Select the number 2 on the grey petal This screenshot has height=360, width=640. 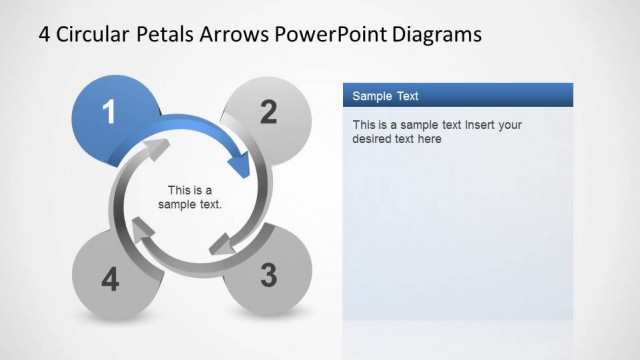click(268, 112)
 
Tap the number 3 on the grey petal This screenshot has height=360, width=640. click(268, 275)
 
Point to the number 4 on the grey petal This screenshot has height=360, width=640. click(110, 281)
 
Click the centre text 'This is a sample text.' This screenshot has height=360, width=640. click(190, 197)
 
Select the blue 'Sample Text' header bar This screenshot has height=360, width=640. click(458, 96)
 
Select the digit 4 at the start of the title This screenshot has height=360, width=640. click(45, 34)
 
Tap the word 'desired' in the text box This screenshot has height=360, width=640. click(373, 139)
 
